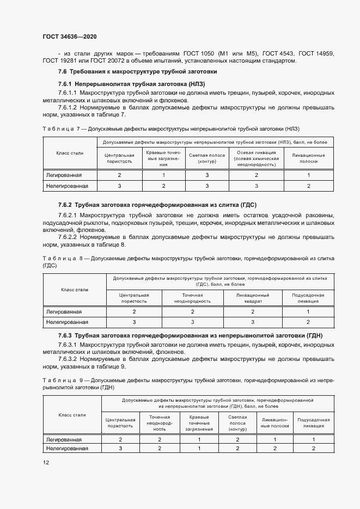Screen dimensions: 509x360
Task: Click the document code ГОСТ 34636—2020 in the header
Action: click(69, 36)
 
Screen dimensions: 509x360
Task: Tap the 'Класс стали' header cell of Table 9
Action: click(72, 415)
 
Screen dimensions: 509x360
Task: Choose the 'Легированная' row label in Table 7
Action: click(64, 175)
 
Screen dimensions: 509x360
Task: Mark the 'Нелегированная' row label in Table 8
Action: click(67, 322)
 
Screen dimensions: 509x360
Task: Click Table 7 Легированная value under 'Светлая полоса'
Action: click(206, 175)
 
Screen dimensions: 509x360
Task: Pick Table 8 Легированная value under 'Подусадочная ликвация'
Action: click(308, 311)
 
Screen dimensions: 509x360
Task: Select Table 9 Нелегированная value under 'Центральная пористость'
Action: click(120, 448)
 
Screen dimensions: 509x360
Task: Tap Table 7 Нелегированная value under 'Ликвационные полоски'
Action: click(308, 186)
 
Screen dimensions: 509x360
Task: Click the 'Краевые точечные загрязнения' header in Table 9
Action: click(199, 422)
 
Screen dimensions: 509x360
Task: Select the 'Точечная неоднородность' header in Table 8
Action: click(192, 297)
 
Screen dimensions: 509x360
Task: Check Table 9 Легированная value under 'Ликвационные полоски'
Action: click(274, 439)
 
